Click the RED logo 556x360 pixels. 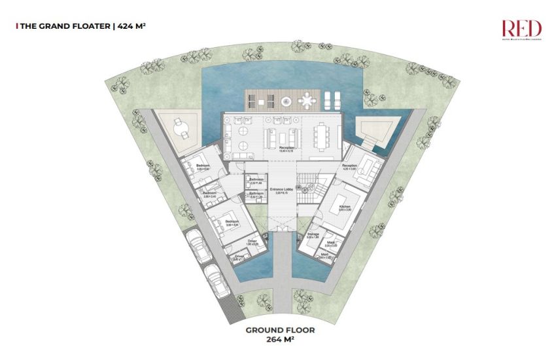point(521,28)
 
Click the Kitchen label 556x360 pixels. point(345,207)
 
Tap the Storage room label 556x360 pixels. point(313,234)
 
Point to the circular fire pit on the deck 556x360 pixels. point(286,101)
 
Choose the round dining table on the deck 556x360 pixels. point(308,100)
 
